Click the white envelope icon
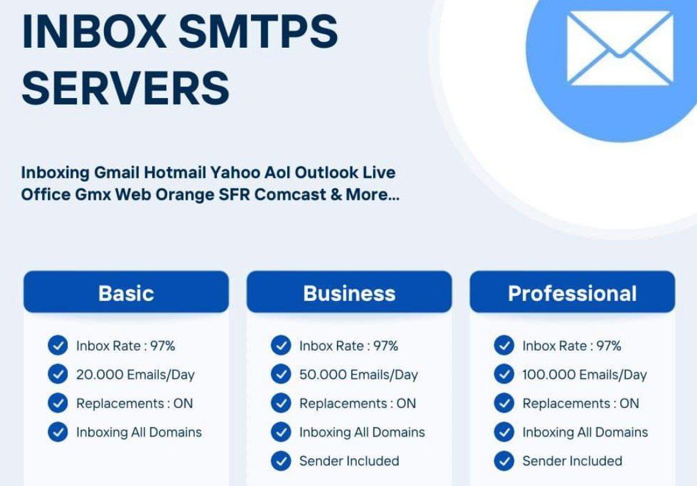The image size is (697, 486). point(620,48)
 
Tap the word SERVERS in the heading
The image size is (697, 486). point(125,88)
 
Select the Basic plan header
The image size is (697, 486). point(126,292)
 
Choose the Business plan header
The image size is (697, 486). point(349,292)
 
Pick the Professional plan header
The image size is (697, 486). point(572,292)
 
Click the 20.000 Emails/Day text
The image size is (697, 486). point(136,374)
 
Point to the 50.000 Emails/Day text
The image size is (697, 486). point(359,374)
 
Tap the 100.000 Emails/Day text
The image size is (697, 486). point(585,374)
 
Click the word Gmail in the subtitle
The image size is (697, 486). point(117,172)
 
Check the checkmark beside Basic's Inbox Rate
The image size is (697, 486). point(58,345)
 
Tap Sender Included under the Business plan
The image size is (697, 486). point(349,461)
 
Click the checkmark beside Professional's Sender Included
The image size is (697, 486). point(504,461)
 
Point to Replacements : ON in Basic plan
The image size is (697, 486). point(135,403)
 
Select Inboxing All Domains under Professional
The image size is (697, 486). point(585,432)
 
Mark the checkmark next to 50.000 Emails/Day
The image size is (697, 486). point(281,374)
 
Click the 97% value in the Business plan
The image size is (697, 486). point(385,345)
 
